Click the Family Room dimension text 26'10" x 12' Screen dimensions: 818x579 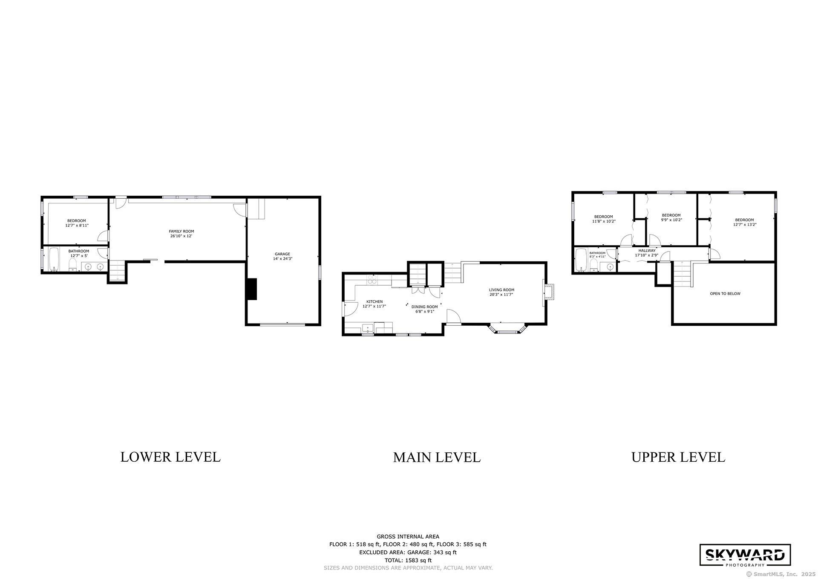[x=181, y=236]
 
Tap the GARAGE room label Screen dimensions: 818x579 [x=282, y=254]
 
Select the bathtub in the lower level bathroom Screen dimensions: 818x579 [x=53, y=259]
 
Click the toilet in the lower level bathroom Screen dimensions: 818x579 [x=73, y=265]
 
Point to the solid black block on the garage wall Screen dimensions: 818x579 [x=252, y=289]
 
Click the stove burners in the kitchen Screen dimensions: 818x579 [x=372, y=279]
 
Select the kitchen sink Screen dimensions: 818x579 [x=367, y=328]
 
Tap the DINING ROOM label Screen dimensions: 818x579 [x=424, y=307]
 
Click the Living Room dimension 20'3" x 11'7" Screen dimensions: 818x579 [x=501, y=294]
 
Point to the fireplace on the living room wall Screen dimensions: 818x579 [x=548, y=292]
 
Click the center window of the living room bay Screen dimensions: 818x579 [x=507, y=332]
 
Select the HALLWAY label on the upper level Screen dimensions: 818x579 [x=647, y=251]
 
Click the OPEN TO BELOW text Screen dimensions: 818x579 [x=725, y=294]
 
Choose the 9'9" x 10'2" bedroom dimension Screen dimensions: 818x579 [x=671, y=220]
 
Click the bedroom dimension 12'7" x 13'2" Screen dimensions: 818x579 [x=745, y=225]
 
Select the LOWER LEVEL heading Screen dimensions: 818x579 [x=170, y=457]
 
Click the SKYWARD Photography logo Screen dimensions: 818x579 [x=745, y=555]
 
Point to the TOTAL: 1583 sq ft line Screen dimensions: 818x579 [x=408, y=560]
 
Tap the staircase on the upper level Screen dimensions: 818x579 [x=682, y=275]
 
